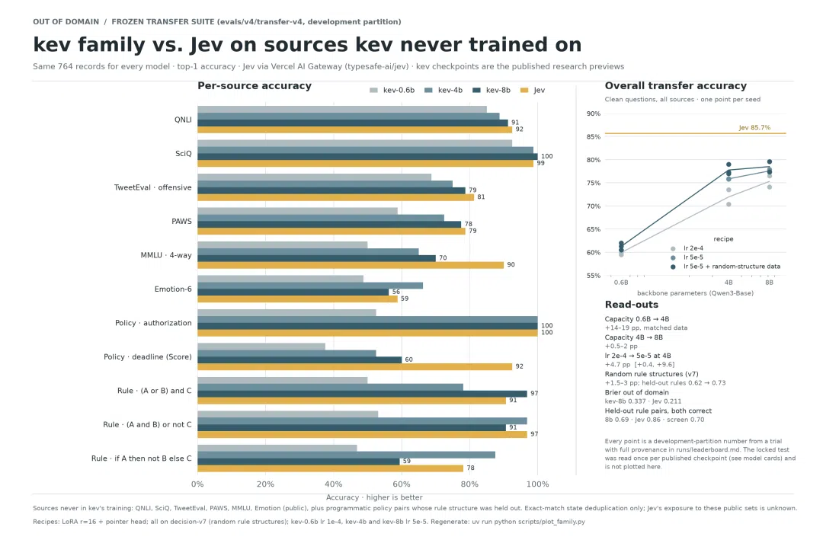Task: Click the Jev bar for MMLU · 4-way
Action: [351, 265]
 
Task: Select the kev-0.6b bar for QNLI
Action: [342, 109]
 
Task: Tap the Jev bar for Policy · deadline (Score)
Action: [355, 366]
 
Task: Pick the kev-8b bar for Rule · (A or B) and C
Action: [362, 394]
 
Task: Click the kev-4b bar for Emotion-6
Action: [310, 286]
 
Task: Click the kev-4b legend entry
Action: [444, 91]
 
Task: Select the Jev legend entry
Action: [533, 91]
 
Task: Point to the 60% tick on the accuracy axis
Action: [402, 484]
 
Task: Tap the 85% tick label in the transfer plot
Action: [594, 136]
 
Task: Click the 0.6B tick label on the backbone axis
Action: [621, 283]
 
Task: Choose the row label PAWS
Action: [181, 221]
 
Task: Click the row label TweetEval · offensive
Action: [152, 187]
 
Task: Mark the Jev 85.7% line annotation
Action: [754, 127]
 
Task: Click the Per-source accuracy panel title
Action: [255, 85]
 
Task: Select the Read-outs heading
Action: [632, 305]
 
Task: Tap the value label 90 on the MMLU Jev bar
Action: [511, 265]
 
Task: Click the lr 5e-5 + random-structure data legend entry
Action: [732, 267]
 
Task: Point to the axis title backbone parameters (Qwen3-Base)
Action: [695, 292]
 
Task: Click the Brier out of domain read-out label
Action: [636, 392]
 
